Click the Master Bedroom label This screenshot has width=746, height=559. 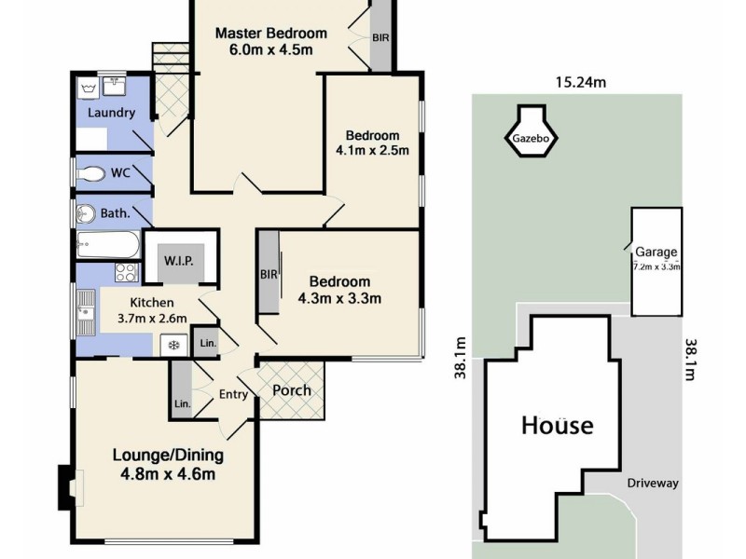[x=270, y=34]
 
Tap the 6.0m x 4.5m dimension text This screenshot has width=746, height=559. [x=270, y=50]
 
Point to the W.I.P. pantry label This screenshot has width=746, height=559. [x=179, y=260]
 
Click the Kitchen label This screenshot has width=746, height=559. [x=152, y=303]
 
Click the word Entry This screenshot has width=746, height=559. [x=233, y=394]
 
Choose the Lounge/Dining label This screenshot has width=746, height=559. [x=168, y=456]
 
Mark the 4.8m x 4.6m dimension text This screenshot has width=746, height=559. [x=168, y=474]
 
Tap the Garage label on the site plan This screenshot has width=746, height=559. [x=656, y=252]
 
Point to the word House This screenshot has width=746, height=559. [x=556, y=426]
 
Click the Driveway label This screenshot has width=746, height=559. [x=653, y=484]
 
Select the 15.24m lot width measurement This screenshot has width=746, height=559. [x=581, y=82]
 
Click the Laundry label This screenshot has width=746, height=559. [x=111, y=113]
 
